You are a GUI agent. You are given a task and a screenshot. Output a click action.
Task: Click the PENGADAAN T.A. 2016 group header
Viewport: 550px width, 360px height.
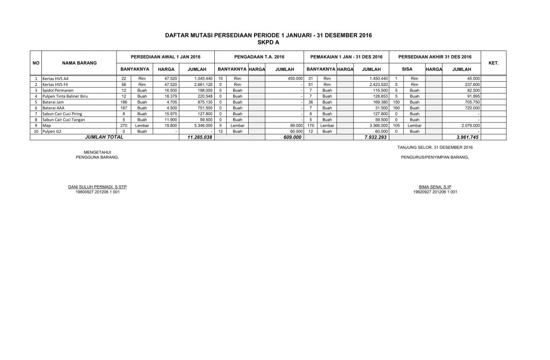pos(259,57)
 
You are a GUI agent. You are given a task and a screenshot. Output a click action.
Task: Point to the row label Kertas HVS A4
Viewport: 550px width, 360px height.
pos(56,78)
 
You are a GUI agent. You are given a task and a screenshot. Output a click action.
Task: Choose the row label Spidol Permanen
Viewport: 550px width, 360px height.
pos(58,90)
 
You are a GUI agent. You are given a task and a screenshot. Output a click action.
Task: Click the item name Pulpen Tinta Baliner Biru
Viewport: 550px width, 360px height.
pos(64,96)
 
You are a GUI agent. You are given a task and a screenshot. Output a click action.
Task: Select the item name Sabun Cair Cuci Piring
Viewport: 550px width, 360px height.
pos(62,113)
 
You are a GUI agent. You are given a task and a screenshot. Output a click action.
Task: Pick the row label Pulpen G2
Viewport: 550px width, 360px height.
pos(52,131)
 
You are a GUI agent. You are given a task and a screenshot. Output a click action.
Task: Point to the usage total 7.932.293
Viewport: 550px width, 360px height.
pos(375,138)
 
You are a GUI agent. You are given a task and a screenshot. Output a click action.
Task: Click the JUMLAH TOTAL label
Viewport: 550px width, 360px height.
pos(105,137)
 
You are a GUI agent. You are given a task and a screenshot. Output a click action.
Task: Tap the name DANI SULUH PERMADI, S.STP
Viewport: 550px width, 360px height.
pos(98,187)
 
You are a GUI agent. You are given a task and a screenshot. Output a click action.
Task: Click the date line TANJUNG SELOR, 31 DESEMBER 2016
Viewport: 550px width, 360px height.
pos(435,147)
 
